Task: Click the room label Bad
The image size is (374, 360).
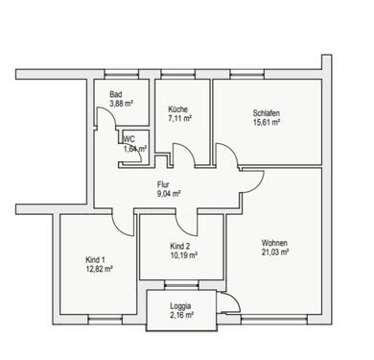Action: (115, 94)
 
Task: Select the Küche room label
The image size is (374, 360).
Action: (178, 108)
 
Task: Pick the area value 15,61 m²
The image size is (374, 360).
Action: (266, 123)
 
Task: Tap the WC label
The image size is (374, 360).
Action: (129, 139)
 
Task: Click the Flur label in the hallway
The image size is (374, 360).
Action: (166, 182)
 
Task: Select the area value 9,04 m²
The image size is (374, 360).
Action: (170, 192)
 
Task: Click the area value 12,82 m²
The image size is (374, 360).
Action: (99, 270)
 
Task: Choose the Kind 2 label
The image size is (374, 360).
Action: (179, 247)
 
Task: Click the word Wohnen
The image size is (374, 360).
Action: (274, 243)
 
